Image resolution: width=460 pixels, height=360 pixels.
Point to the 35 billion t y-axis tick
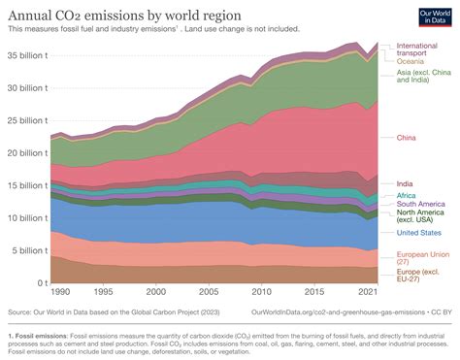tap(25, 55)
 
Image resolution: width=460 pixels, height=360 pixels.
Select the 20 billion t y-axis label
tap(25, 152)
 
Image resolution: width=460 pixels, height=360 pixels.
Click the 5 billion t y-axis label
tap(28, 250)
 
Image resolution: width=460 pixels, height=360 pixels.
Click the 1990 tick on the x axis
tap(59, 292)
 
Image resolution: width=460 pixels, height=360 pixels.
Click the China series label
tap(408, 138)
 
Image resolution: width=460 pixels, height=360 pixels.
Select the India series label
tap(406, 183)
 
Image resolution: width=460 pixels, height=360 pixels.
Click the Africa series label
tap(408, 196)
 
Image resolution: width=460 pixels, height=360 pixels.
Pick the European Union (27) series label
tap(423, 257)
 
